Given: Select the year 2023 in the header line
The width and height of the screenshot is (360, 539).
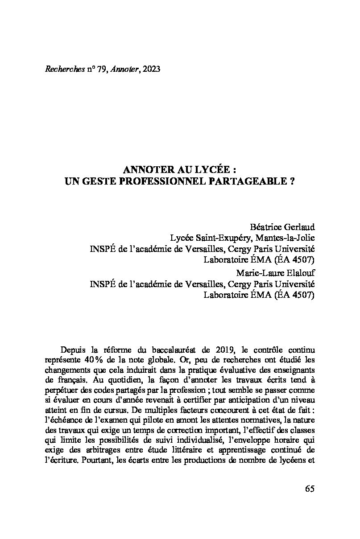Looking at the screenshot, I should coord(151,69).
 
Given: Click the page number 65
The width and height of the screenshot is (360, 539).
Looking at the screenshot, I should coord(310,489).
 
